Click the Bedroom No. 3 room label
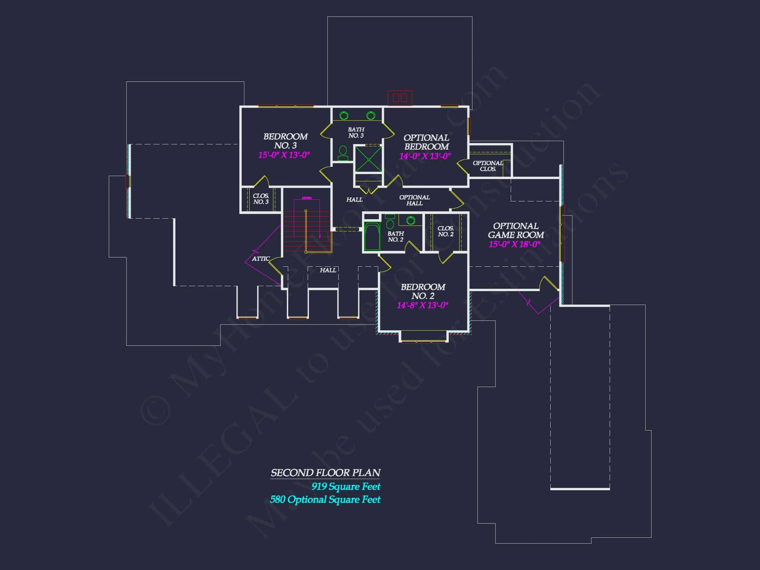point(285,141)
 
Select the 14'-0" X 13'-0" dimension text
point(425,156)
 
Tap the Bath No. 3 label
point(356,133)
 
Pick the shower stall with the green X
point(368,159)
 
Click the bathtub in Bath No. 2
point(372,237)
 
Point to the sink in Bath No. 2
point(411,220)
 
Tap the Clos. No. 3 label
point(261,199)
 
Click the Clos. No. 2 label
point(446,231)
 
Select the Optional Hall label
point(414,200)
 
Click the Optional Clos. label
point(488,166)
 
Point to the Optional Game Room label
point(516,230)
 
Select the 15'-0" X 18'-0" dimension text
point(514,244)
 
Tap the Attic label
point(261,259)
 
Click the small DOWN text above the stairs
point(307,198)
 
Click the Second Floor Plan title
point(325,473)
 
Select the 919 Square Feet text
point(346,486)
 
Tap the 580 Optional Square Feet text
point(325,499)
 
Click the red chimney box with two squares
point(400,98)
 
